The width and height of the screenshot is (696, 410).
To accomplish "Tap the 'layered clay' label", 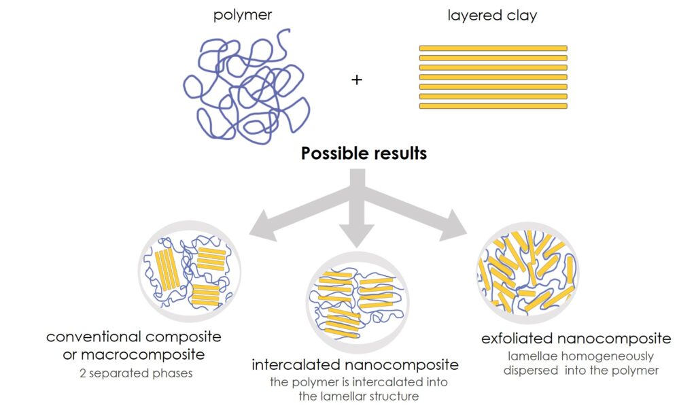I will [x=492, y=15].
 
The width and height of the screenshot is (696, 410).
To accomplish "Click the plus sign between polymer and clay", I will [x=357, y=80].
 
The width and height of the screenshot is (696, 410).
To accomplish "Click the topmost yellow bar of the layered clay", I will [x=493, y=48].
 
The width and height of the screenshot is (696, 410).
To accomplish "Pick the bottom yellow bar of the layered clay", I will [x=493, y=105].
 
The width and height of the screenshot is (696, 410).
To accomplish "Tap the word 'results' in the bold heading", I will [x=400, y=153].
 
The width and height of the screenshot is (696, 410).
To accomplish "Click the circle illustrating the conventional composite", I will [x=190, y=272].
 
